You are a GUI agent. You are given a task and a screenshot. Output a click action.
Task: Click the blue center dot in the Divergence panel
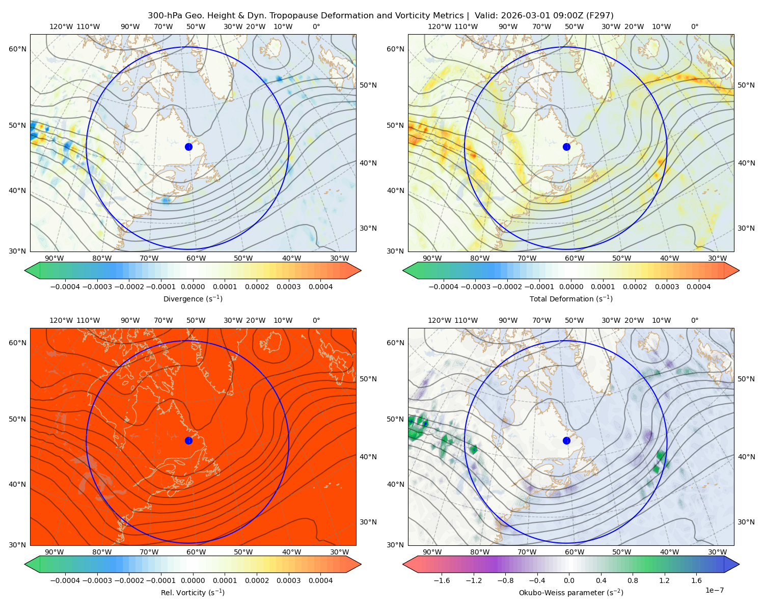click(x=188, y=147)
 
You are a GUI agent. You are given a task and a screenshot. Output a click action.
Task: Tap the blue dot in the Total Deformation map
click(x=566, y=147)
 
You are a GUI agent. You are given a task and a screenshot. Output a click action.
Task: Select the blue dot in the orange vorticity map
click(x=188, y=440)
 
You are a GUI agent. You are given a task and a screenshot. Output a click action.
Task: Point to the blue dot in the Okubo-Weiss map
click(x=566, y=440)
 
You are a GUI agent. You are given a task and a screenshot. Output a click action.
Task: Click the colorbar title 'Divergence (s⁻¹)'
click(x=193, y=298)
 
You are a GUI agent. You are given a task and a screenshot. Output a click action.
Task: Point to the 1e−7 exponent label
click(x=714, y=590)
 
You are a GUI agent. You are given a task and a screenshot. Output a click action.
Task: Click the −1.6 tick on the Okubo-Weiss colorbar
click(x=442, y=580)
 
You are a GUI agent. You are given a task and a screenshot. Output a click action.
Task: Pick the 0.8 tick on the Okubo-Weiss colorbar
click(x=633, y=580)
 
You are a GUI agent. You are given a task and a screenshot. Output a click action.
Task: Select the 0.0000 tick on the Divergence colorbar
click(x=193, y=287)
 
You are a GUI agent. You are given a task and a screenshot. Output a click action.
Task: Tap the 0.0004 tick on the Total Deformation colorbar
click(x=698, y=287)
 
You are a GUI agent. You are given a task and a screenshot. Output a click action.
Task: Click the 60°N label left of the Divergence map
click(x=17, y=49)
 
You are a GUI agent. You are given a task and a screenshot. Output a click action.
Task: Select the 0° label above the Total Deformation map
click(x=694, y=26)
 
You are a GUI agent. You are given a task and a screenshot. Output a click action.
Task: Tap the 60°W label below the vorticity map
click(x=196, y=552)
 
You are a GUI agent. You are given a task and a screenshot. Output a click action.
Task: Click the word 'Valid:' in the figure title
click(x=486, y=16)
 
